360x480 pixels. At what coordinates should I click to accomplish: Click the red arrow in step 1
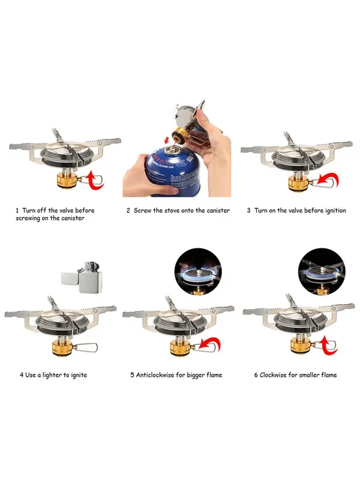click(x=95, y=181)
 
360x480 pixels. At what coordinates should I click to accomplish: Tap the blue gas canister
click(x=177, y=171)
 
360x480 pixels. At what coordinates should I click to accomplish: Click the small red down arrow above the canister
click(x=166, y=140)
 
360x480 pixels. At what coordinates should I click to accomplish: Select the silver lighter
click(x=82, y=277)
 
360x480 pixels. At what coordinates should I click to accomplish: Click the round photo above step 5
click(x=198, y=271)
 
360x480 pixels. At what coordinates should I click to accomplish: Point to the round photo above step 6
click(x=322, y=271)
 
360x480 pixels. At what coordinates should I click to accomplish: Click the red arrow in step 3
click(x=328, y=181)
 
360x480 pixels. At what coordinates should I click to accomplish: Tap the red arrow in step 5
click(x=210, y=345)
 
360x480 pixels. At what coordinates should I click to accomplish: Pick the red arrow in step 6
click(x=328, y=345)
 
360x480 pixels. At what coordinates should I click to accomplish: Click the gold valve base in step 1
click(x=66, y=180)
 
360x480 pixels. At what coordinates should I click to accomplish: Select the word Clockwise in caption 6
click(x=273, y=375)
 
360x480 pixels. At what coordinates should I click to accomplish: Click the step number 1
click(x=17, y=211)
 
